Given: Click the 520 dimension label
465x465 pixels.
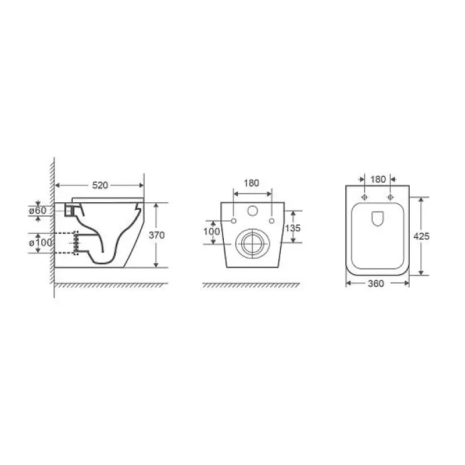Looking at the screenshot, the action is pos(100,185).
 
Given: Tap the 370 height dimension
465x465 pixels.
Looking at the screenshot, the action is pos(156,235).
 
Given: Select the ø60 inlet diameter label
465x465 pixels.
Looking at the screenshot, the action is pos(38,210).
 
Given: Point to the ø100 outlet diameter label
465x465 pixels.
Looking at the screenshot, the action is pos(40,242).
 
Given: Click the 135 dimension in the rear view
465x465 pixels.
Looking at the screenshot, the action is pos(293,228).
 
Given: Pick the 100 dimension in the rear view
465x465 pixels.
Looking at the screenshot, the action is pos(212,231).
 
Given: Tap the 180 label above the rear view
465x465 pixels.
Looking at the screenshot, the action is pos(252,183).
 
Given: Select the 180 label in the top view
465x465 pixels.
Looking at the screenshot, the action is pos(378,180).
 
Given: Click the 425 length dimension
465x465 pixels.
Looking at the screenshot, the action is pos(421,237).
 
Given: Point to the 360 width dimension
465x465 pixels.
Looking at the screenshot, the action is pos(376,284).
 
